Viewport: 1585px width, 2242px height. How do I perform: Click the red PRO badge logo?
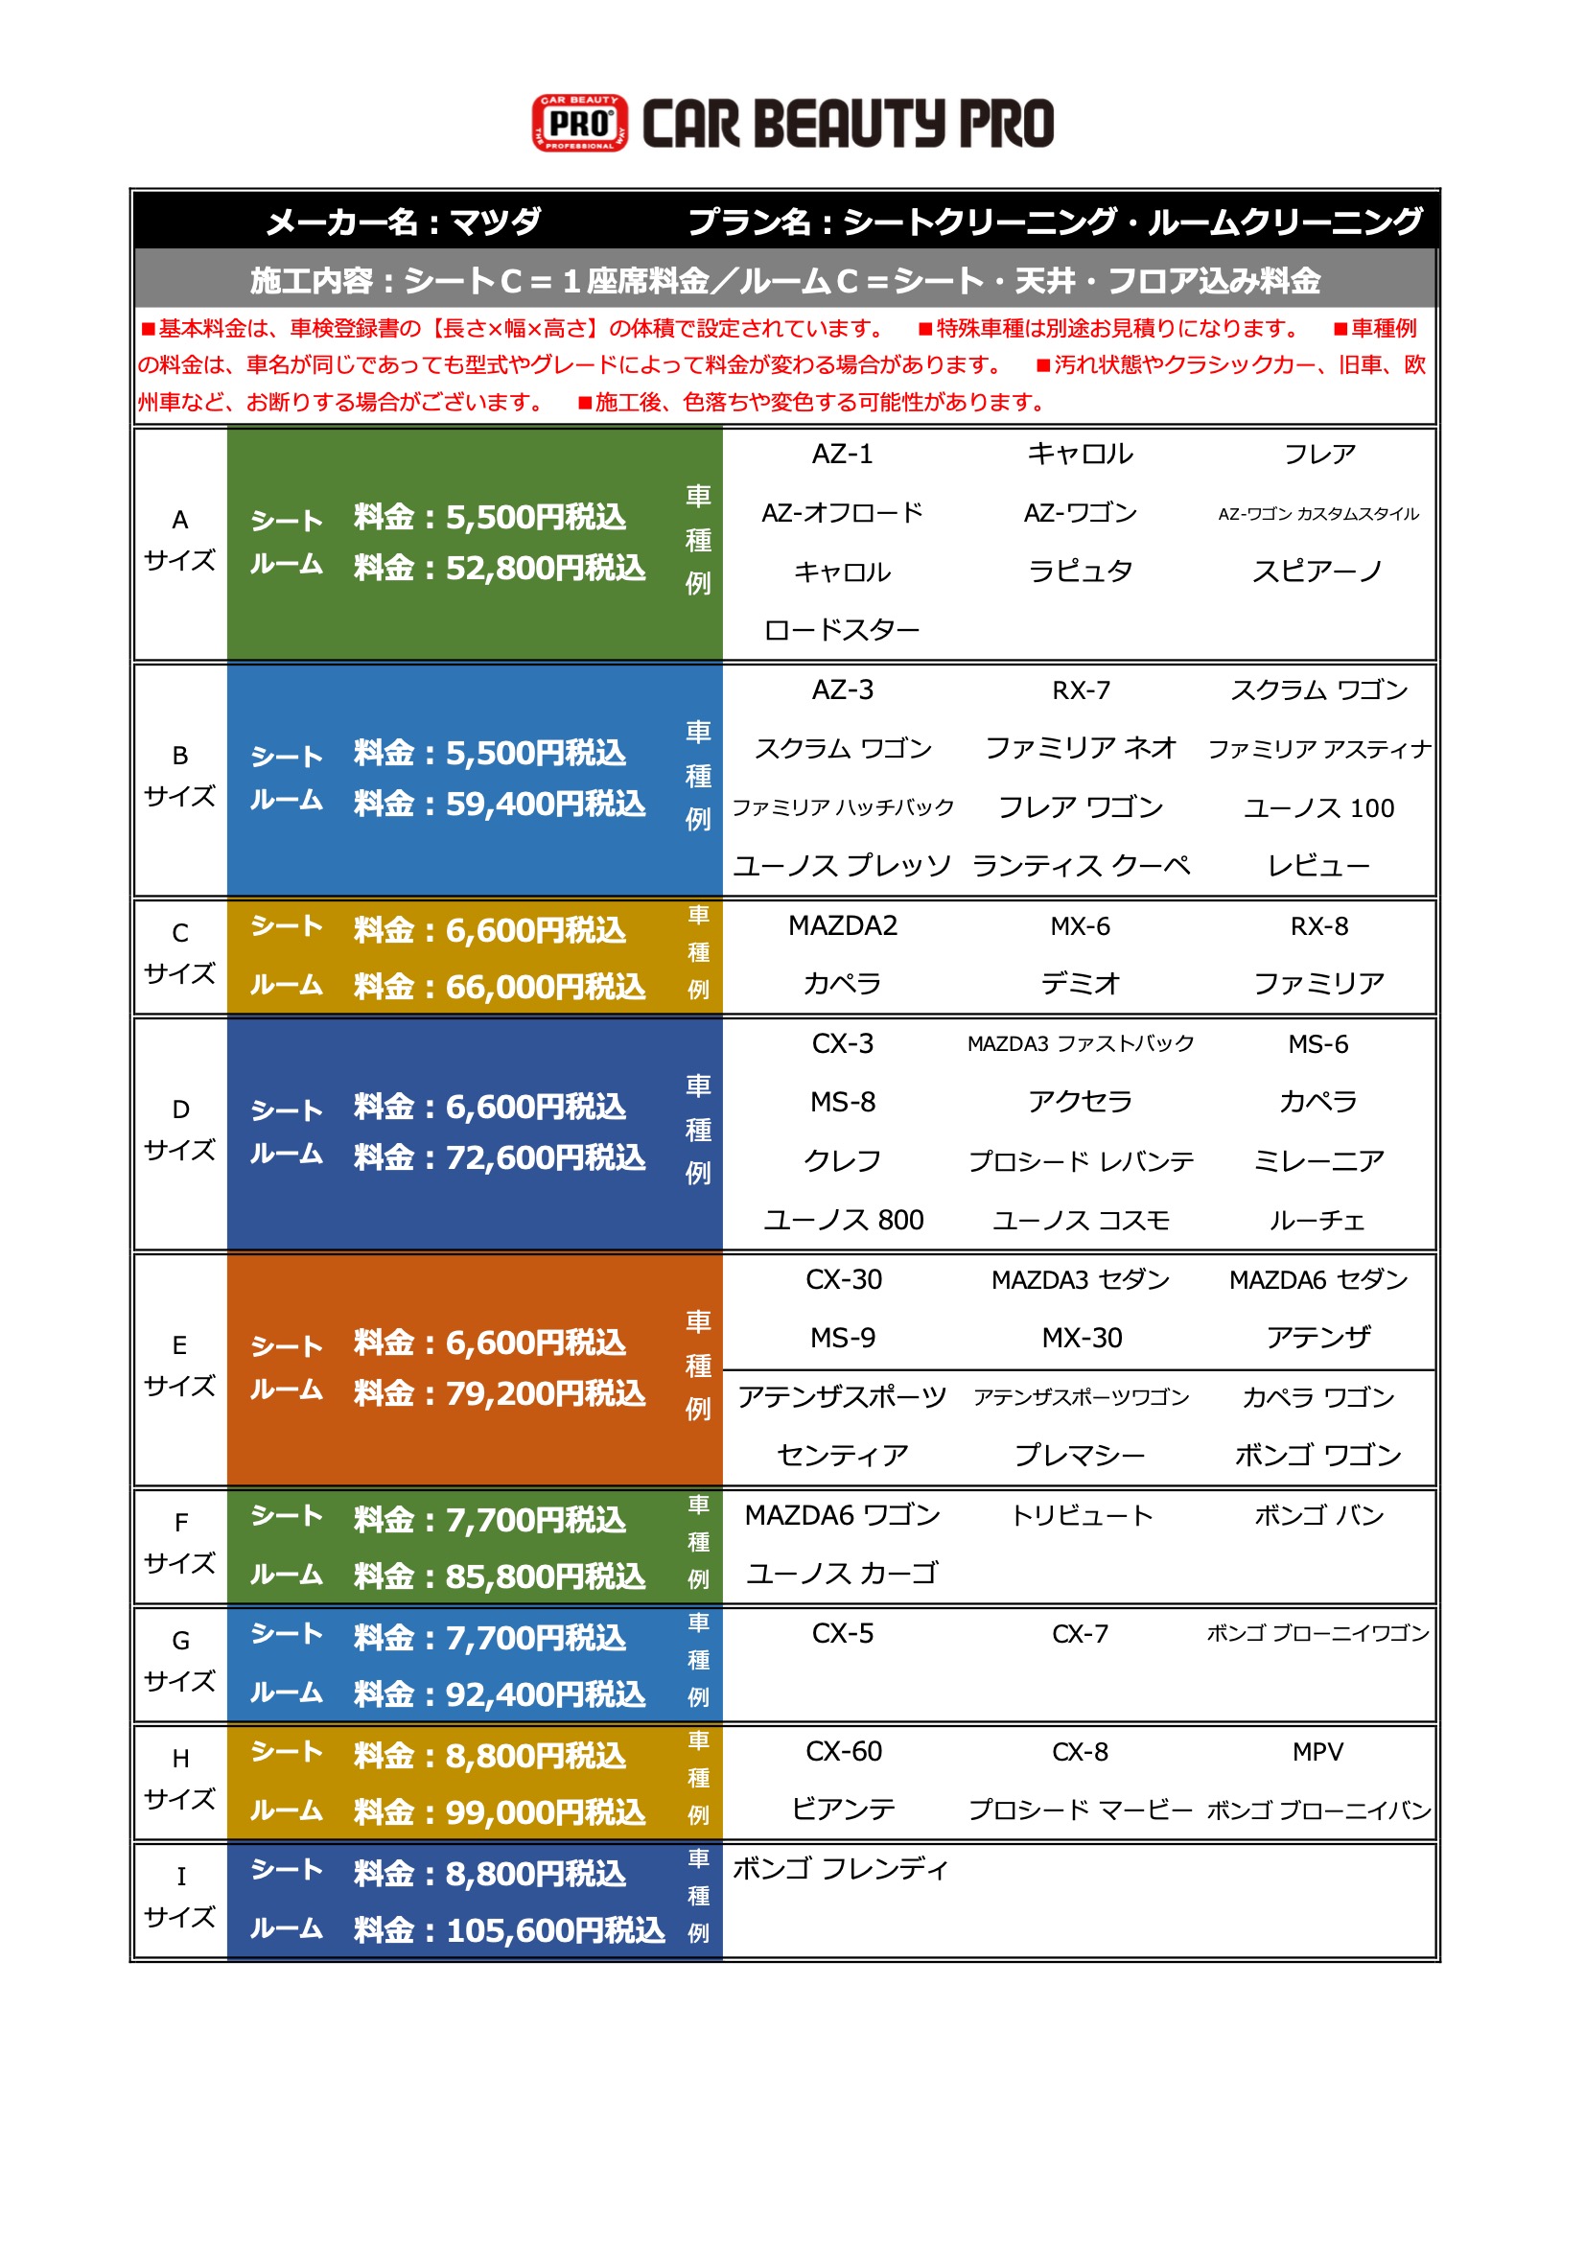(579, 123)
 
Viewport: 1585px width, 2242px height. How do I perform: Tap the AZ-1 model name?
(842, 455)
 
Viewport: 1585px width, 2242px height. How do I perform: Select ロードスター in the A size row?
(842, 631)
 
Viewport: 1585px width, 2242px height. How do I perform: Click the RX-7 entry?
(1080, 690)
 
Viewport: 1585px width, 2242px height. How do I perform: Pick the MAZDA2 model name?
(842, 925)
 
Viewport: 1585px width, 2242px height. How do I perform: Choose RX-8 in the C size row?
(1318, 925)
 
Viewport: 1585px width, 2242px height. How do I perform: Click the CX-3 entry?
(842, 1044)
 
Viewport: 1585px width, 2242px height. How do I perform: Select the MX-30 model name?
(1081, 1338)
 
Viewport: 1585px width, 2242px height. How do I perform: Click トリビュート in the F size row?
(1081, 1515)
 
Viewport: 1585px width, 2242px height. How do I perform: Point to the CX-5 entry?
(842, 1634)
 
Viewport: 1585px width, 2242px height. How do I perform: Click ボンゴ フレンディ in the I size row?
(840, 1869)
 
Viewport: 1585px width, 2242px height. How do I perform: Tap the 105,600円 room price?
(554, 1930)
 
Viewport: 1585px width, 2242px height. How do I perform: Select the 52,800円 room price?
(545, 569)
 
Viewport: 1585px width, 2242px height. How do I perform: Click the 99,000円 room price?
(545, 1812)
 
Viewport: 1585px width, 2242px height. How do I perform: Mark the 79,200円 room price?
(545, 1393)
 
